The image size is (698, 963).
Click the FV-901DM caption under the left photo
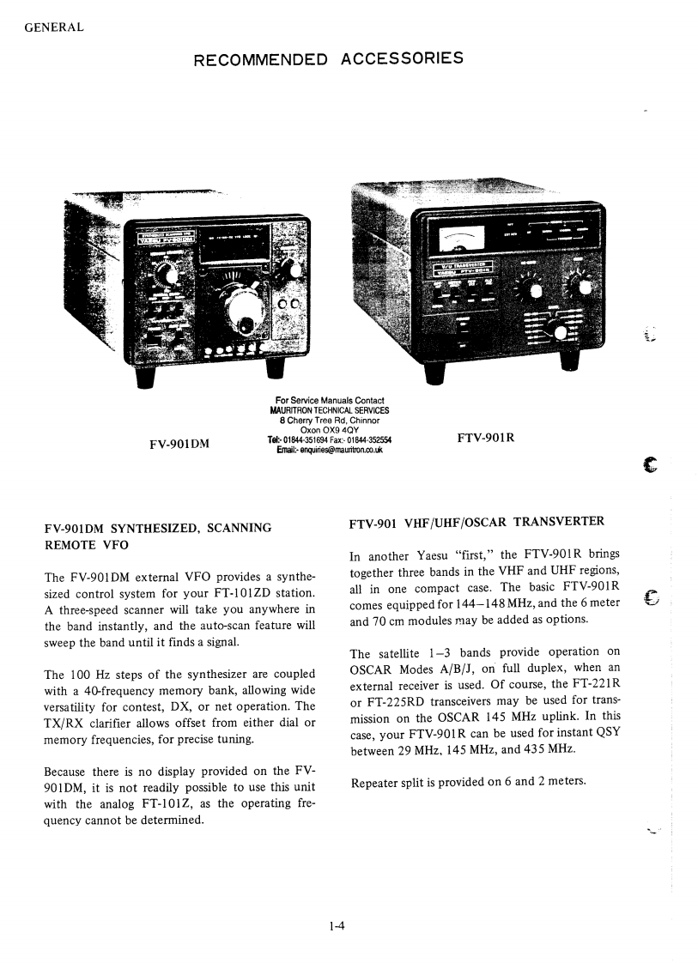(179, 444)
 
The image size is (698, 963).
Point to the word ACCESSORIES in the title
(403, 59)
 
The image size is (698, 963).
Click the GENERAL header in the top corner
(54, 27)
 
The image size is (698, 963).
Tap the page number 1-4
(336, 926)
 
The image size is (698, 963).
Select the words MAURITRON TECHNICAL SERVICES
(330, 410)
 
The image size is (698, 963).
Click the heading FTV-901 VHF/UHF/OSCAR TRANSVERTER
(477, 521)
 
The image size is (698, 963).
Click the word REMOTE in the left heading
(71, 544)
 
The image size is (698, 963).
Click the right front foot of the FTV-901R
(568, 362)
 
